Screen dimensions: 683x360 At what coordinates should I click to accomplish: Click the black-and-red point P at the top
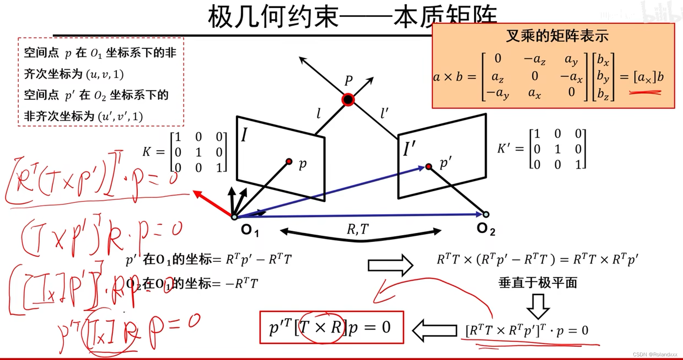[x=348, y=99]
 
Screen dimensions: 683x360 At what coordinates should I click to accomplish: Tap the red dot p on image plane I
[x=289, y=161]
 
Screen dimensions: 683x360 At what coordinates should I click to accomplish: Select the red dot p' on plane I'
[x=429, y=167]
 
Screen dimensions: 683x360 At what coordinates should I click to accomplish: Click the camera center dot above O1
[x=234, y=217]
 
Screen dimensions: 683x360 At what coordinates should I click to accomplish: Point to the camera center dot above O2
[x=486, y=214]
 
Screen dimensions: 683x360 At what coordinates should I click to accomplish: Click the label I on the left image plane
[x=244, y=135]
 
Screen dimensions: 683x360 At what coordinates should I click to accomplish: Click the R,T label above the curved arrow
[x=357, y=229]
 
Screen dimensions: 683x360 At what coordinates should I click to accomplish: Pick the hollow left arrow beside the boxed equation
[x=435, y=330]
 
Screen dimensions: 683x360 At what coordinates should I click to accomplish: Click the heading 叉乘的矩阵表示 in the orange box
[x=557, y=36]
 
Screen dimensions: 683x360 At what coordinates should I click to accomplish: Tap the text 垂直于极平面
[x=538, y=283]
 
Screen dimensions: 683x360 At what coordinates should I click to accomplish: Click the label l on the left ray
[x=318, y=114]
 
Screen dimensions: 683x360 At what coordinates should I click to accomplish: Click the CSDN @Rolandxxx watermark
[x=655, y=354]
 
